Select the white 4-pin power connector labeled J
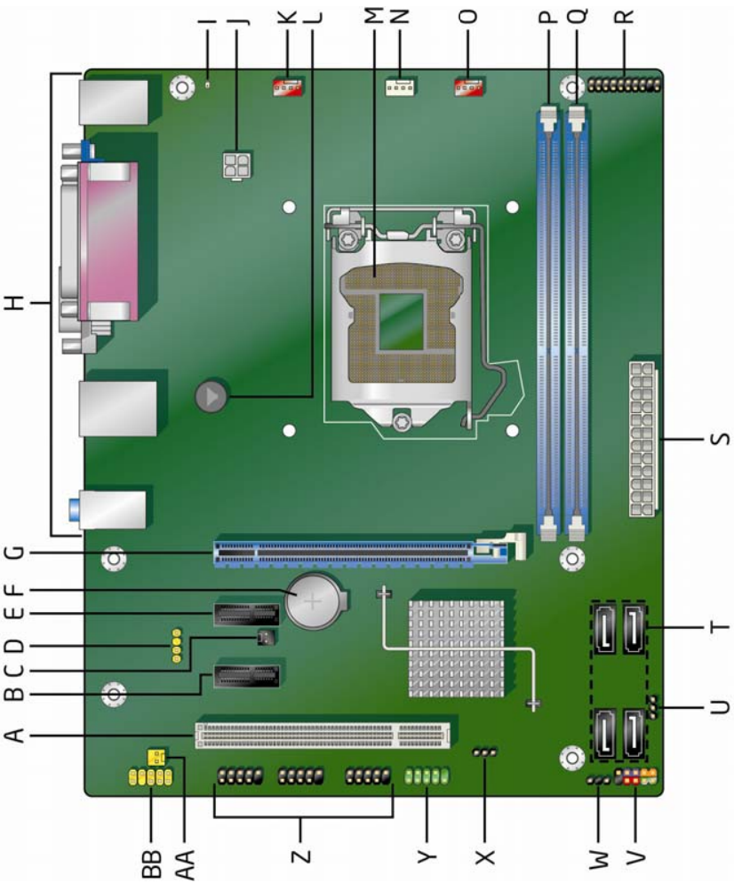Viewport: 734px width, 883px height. coord(236,165)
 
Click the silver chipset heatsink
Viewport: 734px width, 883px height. coord(456,648)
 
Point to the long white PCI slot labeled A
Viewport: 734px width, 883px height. coord(323,736)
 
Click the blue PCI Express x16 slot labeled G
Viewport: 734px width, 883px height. coord(361,554)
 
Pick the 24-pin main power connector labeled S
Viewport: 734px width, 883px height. coord(642,440)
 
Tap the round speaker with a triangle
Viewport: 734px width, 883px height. coord(211,395)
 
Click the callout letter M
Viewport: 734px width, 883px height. coord(373,16)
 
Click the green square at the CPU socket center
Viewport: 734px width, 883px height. coord(401,322)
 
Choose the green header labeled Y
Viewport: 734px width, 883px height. coord(427,776)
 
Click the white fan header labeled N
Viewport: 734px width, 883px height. coord(400,87)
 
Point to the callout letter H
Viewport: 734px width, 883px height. coord(16,304)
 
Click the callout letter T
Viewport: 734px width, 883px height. coord(719,627)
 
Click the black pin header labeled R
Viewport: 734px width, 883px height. coord(624,86)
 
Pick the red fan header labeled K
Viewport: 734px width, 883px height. coord(287,87)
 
